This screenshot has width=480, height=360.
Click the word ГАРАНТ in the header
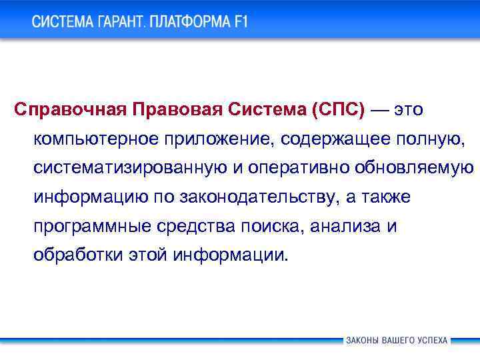(117, 22)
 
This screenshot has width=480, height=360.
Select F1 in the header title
(240, 22)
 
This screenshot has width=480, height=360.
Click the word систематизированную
(130, 168)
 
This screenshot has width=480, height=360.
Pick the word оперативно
(291, 168)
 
